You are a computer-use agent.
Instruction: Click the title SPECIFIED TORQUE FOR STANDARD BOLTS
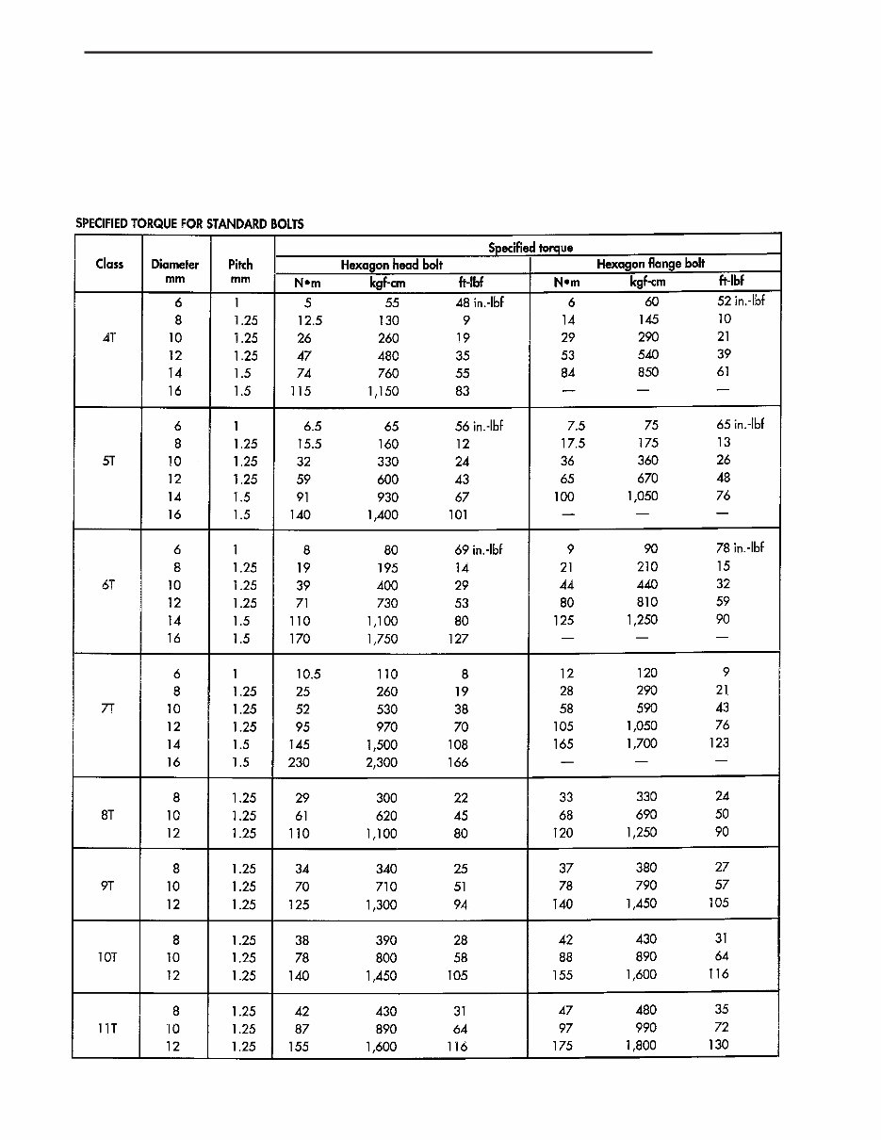[x=189, y=224]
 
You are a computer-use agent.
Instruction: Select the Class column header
[x=109, y=264]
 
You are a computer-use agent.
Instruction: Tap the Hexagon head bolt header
[x=391, y=265]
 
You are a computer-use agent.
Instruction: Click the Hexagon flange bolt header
[x=650, y=264]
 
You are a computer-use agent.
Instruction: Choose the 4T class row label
[x=109, y=337]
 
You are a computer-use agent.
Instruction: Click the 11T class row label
[x=107, y=1028]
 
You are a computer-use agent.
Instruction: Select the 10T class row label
[x=107, y=957]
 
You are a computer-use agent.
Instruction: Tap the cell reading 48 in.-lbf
[x=479, y=302]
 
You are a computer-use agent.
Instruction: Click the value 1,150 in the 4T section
[x=383, y=391]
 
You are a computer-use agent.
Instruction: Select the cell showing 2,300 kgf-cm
[x=383, y=762]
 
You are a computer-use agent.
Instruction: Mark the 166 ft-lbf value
[x=458, y=762]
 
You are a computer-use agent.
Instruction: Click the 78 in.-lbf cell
[x=740, y=547]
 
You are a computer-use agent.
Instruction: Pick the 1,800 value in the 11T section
[x=641, y=1045]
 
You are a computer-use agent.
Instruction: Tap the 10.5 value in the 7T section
[x=309, y=674]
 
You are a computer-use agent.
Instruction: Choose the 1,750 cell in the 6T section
[x=383, y=639]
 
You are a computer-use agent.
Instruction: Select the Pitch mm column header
[x=240, y=271]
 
